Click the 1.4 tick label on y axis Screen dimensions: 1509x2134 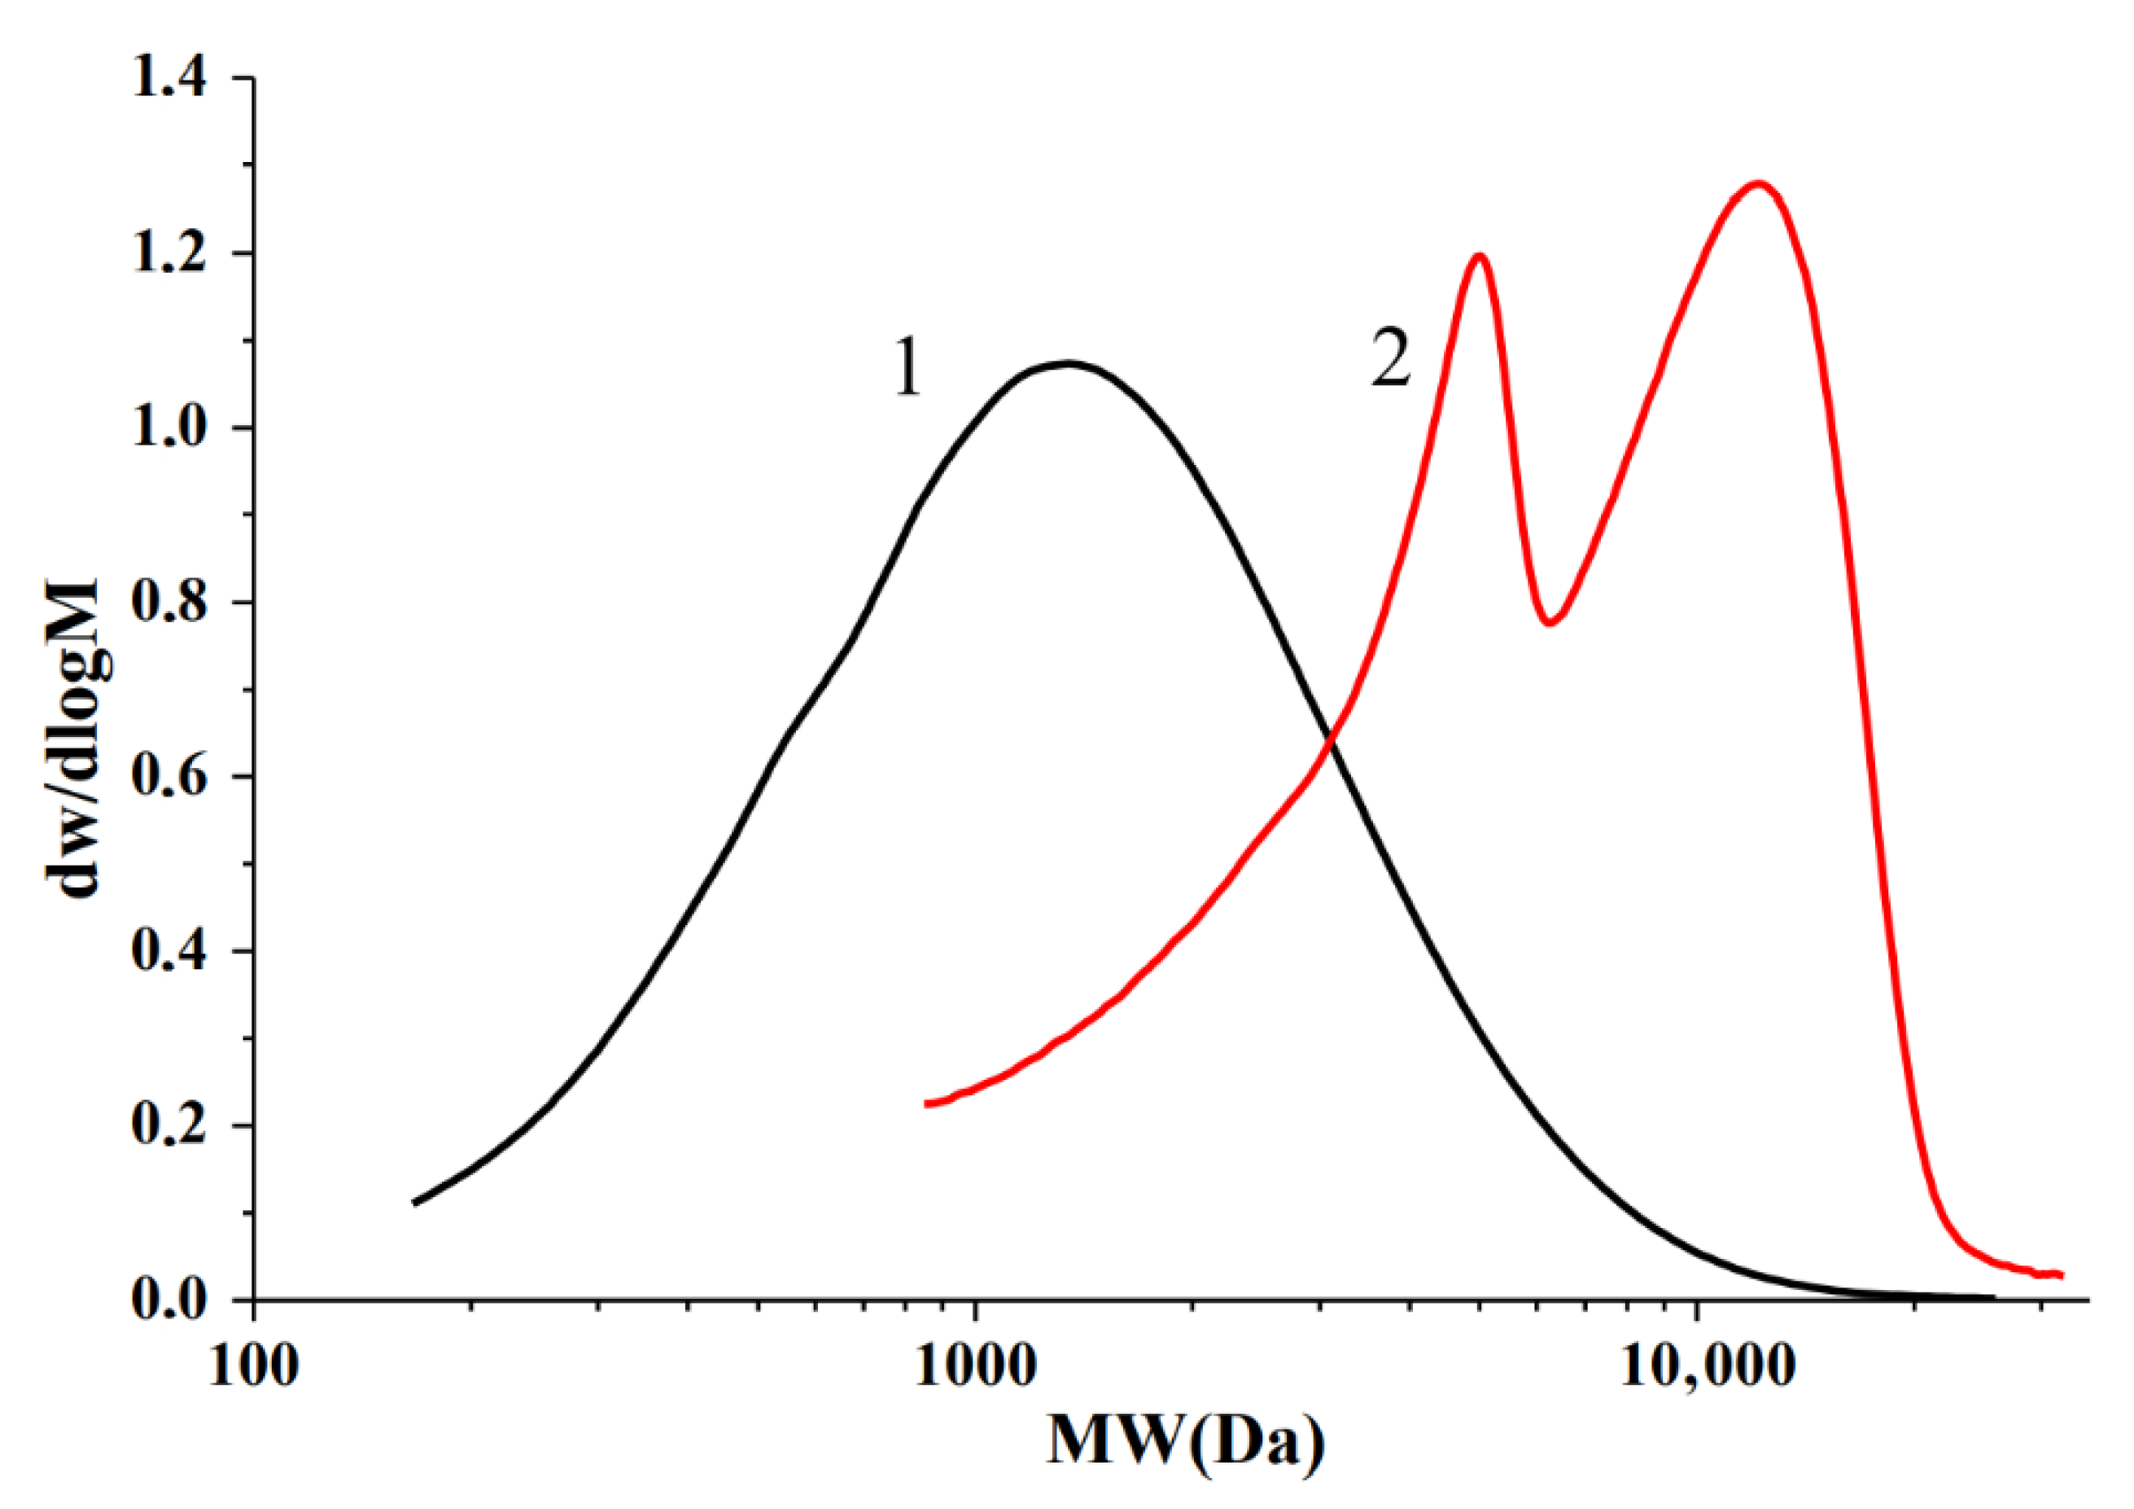coord(168,78)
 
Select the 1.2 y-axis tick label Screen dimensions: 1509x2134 coord(168,253)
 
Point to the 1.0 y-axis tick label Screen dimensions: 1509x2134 coord(168,428)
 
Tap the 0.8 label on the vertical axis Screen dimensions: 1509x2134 coord(168,603)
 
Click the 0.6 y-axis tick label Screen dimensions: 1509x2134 coord(168,776)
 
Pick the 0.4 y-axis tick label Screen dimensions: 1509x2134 coord(168,951)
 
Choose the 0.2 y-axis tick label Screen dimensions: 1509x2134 coord(168,1126)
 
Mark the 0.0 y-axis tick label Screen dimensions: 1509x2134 coord(168,1300)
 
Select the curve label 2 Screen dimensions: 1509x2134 coord(1390,360)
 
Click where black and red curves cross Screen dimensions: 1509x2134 coord(1331,739)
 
